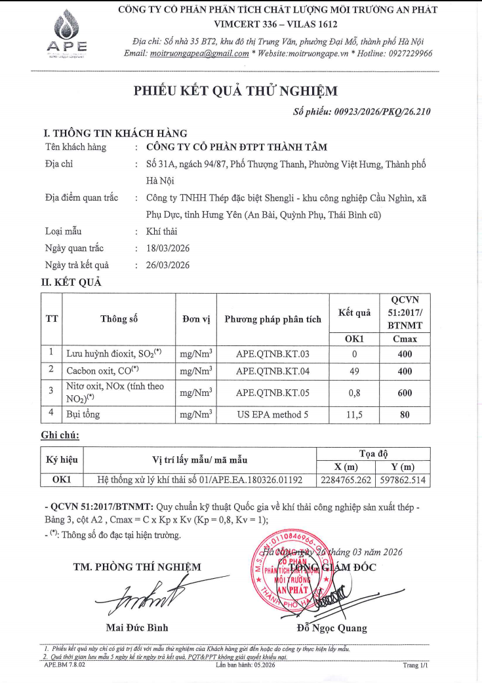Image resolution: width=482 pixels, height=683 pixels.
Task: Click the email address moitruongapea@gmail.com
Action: [x=199, y=53]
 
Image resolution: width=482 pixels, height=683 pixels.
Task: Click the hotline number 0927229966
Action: [x=406, y=53]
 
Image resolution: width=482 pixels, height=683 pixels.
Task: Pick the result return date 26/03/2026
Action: [x=167, y=265]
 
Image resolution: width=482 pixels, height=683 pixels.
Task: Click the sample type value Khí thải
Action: [x=162, y=231]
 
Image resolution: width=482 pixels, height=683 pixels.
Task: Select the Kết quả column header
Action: [x=354, y=313]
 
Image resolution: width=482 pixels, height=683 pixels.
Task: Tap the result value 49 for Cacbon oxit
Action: [x=354, y=371]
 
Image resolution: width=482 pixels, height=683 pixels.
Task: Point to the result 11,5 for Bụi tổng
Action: [x=354, y=414]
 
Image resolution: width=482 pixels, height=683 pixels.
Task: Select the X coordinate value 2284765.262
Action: [x=345, y=480]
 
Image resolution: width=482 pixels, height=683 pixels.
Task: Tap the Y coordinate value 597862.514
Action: [x=402, y=480]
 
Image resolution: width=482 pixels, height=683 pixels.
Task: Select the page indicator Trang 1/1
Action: [x=415, y=665]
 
